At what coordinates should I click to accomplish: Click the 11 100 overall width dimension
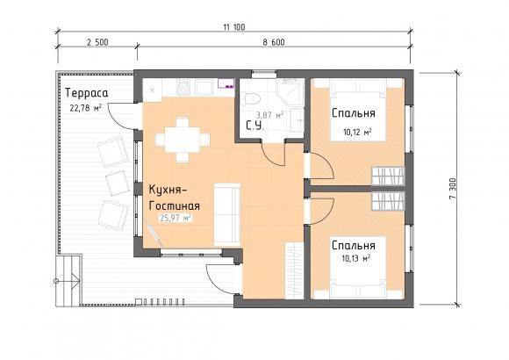pyautogui.click(x=234, y=27)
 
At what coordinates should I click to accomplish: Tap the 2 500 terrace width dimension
pyautogui.click(x=97, y=42)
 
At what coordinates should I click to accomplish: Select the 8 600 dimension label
pyautogui.click(x=274, y=42)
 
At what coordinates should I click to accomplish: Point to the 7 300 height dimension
pyautogui.click(x=453, y=189)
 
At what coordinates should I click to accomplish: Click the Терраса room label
pyautogui.click(x=86, y=93)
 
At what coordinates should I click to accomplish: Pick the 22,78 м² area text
pyautogui.click(x=86, y=107)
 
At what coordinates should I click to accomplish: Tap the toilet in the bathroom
pyautogui.click(x=251, y=98)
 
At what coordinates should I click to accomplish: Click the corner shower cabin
pyautogui.click(x=290, y=91)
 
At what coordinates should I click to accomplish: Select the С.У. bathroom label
pyautogui.click(x=254, y=126)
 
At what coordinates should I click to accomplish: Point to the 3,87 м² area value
pyautogui.click(x=269, y=115)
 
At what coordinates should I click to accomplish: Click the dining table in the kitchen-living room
pyautogui.click(x=183, y=140)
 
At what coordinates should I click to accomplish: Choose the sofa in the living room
pyautogui.click(x=227, y=215)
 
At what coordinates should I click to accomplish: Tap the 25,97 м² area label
pyautogui.click(x=175, y=218)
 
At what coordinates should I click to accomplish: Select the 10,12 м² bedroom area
pyautogui.click(x=357, y=133)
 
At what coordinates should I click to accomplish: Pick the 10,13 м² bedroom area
pyautogui.click(x=356, y=258)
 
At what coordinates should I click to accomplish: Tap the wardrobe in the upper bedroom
pyautogui.click(x=388, y=176)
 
